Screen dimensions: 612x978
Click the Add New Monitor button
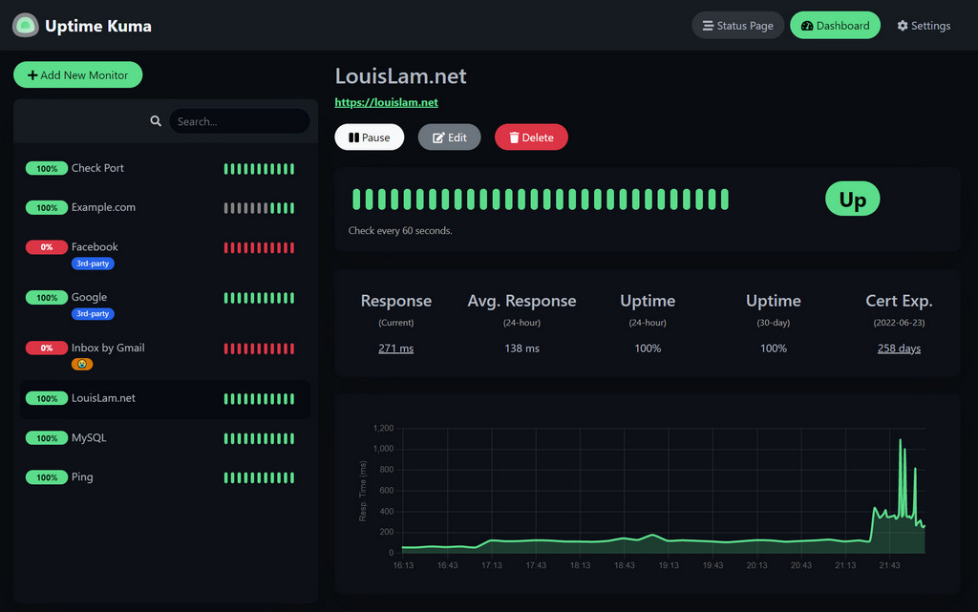[77, 75]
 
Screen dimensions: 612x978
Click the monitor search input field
[239, 121]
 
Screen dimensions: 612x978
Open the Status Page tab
[737, 26]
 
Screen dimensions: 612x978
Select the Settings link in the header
[924, 26]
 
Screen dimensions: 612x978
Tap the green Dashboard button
[835, 26]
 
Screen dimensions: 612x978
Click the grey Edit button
[449, 137]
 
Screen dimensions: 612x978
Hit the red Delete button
[531, 137]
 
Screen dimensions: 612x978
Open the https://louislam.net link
[386, 102]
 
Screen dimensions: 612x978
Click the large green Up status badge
[852, 200]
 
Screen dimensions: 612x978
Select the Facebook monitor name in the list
[95, 246]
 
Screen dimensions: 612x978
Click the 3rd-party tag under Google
[93, 314]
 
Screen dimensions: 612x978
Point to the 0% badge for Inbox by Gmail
[47, 348]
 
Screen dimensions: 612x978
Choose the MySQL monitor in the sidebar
[89, 438]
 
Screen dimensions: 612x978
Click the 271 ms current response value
[395, 348]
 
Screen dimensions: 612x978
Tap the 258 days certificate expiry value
[899, 348]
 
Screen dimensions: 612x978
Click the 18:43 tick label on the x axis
[624, 565]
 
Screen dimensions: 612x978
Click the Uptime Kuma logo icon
[25, 26]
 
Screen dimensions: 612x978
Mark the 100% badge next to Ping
[47, 477]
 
